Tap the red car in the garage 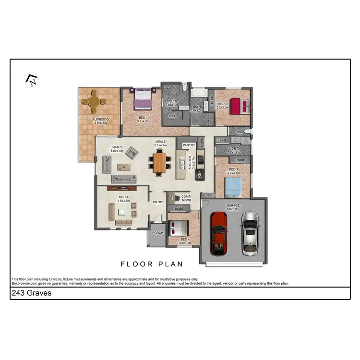click(x=218, y=233)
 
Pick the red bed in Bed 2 click(x=238, y=106)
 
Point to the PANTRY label click(x=188, y=144)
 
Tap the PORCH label click(x=158, y=233)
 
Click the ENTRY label click(x=158, y=202)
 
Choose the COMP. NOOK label click(x=186, y=198)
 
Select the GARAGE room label click(x=233, y=205)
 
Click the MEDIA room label click(x=124, y=197)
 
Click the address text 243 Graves click(x=31, y=293)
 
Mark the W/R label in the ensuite click(x=171, y=116)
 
